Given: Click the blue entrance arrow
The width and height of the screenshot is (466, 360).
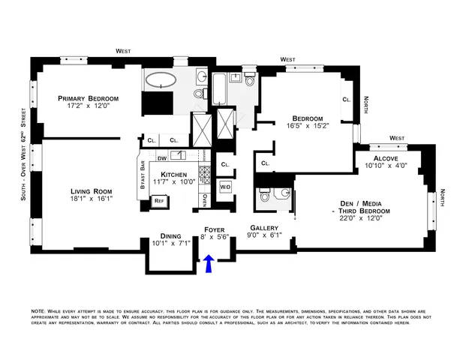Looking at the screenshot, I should click(x=209, y=263).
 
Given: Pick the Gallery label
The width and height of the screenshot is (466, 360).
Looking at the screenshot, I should click(x=264, y=228).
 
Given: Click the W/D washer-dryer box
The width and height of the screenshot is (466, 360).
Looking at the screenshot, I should click(x=226, y=187).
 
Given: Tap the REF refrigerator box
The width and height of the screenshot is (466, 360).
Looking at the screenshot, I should click(x=159, y=200).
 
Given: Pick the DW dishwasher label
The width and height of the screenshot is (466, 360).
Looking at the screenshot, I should click(x=161, y=157).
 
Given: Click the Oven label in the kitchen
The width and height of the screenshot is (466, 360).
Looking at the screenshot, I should click(x=205, y=200).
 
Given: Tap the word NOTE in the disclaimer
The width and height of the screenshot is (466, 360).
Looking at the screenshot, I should click(x=38, y=310).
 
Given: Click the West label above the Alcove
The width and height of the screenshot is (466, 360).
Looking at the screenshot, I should click(x=397, y=138).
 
